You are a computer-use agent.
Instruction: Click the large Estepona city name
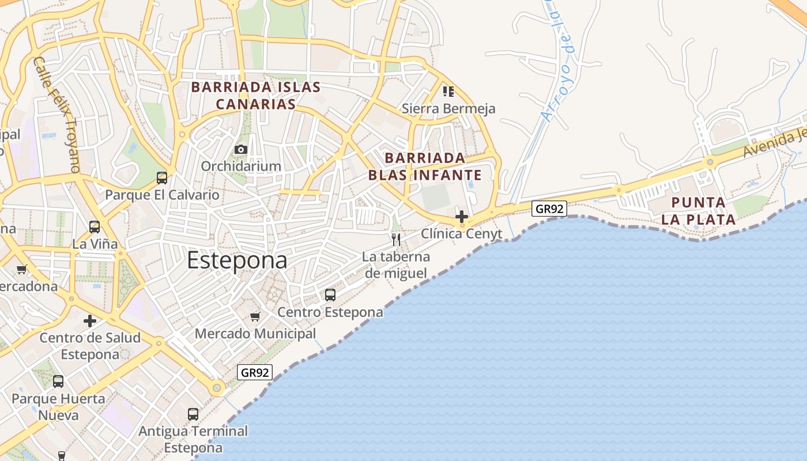tap(237, 260)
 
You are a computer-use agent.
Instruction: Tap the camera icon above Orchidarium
tap(241, 150)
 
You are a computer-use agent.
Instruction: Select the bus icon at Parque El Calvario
tap(162, 178)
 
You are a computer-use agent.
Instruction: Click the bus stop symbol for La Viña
tap(95, 227)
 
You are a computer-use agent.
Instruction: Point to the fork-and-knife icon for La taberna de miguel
tap(396, 240)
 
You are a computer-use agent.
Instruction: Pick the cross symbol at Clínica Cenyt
tap(462, 217)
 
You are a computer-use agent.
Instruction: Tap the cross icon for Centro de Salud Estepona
tap(90, 321)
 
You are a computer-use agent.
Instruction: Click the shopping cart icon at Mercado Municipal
tap(255, 316)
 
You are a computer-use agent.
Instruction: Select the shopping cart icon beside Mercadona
tap(22, 269)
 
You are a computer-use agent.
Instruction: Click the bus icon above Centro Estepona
tap(330, 295)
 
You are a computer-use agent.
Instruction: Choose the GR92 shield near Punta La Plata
tap(549, 209)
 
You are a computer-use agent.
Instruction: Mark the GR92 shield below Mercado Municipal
tap(255, 372)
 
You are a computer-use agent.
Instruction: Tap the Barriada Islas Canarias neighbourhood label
tap(255, 96)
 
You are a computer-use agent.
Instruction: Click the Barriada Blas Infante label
tap(425, 166)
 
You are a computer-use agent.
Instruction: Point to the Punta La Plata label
tap(698, 211)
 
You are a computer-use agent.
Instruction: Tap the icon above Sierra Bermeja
tap(448, 91)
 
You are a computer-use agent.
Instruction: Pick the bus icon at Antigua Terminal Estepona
tap(193, 414)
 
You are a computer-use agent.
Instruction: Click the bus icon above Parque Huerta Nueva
tap(58, 381)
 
